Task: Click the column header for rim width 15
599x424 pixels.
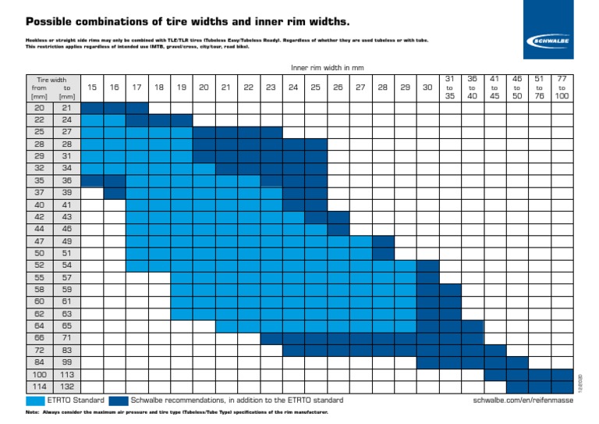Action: pos(92,87)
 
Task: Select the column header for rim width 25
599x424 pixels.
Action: pos(316,87)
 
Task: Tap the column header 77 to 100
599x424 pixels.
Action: pos(562,87)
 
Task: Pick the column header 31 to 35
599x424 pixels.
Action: pos(450,87)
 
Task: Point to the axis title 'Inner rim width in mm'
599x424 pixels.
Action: pos(327,68)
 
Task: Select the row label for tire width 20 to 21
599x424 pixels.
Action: pos(51,108)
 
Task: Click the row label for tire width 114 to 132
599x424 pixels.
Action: pos(51,387)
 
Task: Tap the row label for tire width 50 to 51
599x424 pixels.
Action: pos(51,253)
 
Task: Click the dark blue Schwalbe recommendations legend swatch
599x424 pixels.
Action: pos(119,400)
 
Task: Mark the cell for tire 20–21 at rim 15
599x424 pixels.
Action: pos(92,108)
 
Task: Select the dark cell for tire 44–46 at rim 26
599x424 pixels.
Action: pos(338,229)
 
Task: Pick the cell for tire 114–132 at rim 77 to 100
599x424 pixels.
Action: pos(562,387)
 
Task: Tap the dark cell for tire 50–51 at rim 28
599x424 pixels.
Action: pos(383,253)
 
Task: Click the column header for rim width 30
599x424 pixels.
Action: pos(427,87)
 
